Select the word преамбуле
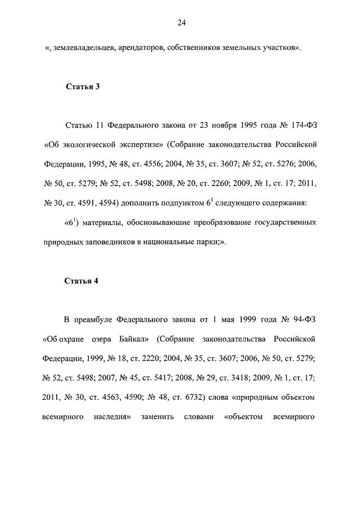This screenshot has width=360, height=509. tap(93, 321)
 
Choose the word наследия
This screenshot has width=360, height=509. tap(112, 417)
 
